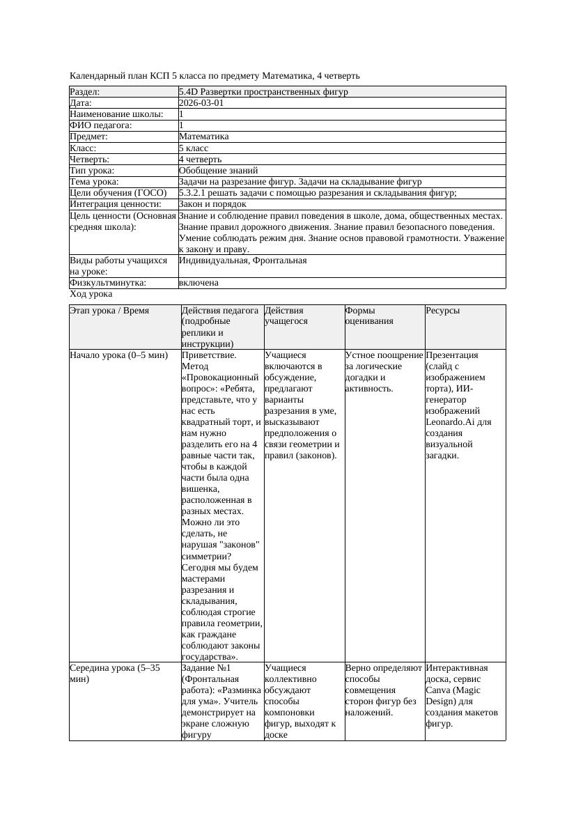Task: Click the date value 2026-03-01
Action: tap(201, 103)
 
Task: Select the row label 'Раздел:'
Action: tap(85, 92)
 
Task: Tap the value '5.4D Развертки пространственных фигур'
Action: tap(263, 92)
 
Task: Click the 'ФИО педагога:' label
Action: tap(101, 125)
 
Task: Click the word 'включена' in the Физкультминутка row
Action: tap(199, 283)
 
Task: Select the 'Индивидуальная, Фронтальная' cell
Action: tap(242, 261)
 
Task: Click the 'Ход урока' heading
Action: tap(91, 294)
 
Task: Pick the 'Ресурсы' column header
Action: tap(443, 311)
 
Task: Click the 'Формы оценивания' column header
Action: tap(369, 316)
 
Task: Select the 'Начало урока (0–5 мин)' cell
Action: tap(118, 355)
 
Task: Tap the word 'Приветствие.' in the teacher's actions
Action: tap(209, 355)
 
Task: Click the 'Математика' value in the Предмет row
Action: tap(203, 137)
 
